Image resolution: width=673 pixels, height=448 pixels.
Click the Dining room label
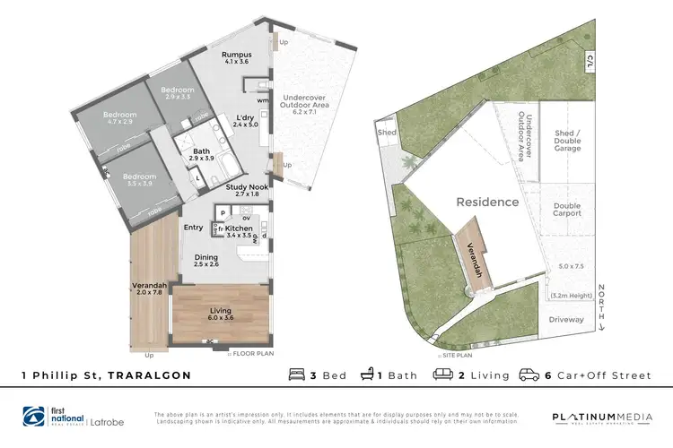pos(206,259)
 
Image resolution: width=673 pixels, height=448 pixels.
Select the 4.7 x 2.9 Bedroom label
pos(119,118)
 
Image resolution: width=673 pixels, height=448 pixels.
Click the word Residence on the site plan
pos(487,202)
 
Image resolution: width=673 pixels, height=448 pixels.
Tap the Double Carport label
pos(567,212)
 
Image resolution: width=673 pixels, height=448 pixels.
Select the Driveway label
pos(566,318)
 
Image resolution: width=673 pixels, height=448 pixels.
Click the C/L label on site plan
pos(590,61)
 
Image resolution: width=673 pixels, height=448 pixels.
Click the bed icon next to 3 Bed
pos(296,375)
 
